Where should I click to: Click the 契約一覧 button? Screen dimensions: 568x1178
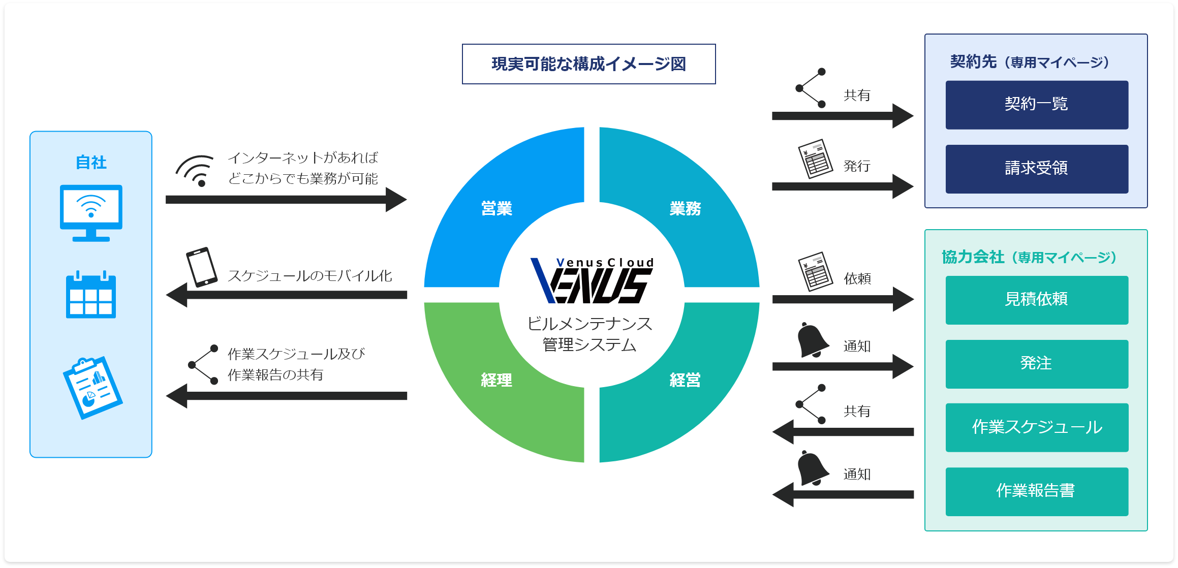[1036, 105]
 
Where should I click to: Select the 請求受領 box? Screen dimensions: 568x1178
[1036, 169]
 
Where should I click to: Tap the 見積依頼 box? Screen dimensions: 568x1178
[1036, 300]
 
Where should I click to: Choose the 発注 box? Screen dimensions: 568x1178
[1036, 364]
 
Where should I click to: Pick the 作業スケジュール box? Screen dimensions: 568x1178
[1036, 427]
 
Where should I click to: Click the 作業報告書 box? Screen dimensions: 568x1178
[1036, 491]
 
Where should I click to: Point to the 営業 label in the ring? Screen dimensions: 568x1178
[497, 208]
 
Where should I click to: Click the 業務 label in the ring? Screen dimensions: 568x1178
[685, 208]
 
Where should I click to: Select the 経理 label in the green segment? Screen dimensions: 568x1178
[497, 380]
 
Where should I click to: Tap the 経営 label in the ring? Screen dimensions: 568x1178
[685, 380]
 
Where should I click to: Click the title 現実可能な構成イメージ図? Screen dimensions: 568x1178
[588, 64]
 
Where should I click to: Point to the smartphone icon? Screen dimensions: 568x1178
[202, 267]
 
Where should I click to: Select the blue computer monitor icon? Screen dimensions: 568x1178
[91, 212]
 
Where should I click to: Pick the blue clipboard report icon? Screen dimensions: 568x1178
[92, 388]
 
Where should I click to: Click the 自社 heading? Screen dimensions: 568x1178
[91, 163]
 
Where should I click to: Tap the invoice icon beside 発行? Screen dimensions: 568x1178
[815, 159]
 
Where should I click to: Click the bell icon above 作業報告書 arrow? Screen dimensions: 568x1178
[812, 468]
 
